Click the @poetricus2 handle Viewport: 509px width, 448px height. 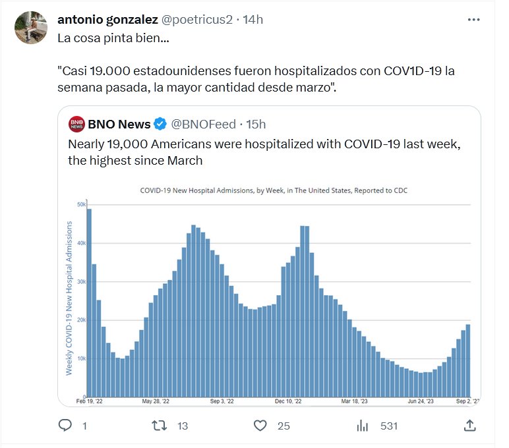click(x=197, y=19)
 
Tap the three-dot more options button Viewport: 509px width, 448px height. click(x=473, y=20)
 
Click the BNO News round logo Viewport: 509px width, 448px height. click(x=76, y=123)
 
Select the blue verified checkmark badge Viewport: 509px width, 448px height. click(x=160, y=124)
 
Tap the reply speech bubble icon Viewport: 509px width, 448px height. click(x=65, y=426)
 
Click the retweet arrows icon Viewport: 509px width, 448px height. click(x=160, y=426)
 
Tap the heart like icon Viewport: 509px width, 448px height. click(x=260, y=426)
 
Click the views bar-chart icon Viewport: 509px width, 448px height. click(x=362, y=426)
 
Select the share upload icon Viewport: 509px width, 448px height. click(x=469, y=426)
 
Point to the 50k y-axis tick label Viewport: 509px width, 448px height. click(x=81, y=205)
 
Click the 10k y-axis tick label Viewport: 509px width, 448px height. click(x=81, y=359)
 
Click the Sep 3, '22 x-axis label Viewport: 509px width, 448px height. click(x=222, y=401)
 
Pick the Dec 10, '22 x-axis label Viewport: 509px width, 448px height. click(x=289, y=401)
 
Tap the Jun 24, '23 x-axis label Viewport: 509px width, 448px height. click(x=420, y=401)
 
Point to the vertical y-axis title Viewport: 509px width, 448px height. click(x=69, y=298)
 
